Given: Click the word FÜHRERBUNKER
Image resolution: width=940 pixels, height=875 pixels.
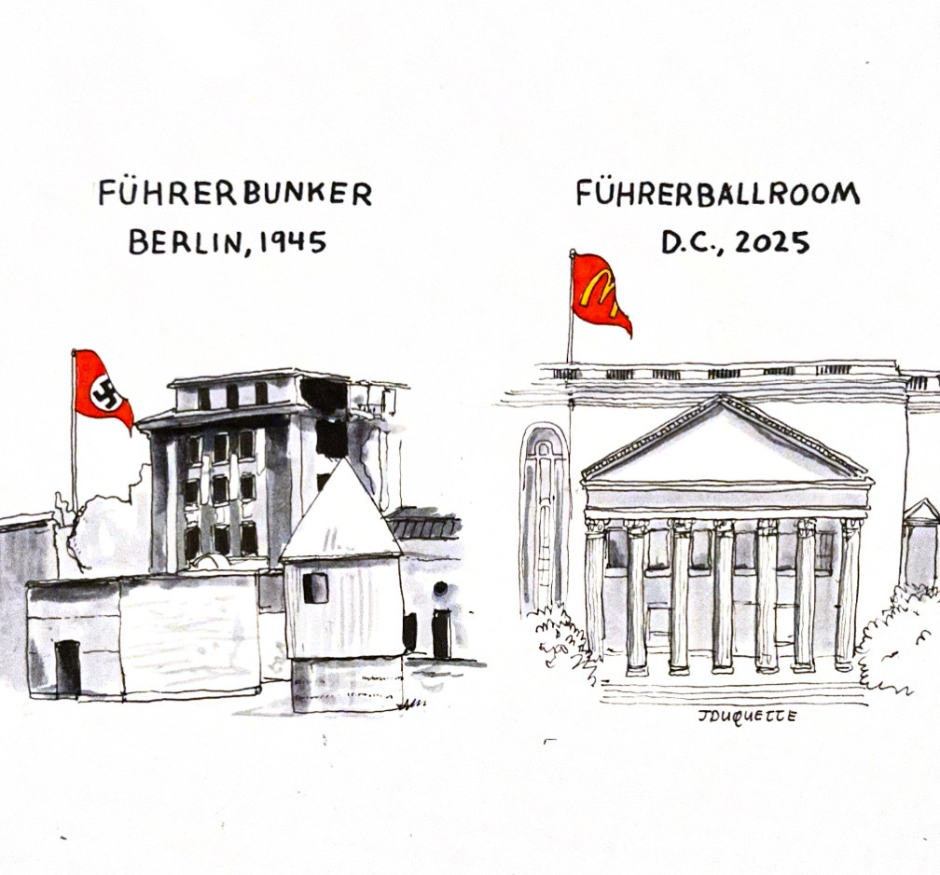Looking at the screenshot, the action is [234, 194].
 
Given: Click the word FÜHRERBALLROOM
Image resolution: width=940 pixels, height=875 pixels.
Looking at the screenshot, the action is [716, 194].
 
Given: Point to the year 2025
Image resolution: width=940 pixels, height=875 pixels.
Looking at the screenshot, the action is [771, 242].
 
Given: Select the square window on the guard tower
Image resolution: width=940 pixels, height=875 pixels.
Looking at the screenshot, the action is [315, 588].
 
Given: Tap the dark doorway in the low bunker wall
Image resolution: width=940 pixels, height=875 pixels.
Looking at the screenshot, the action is [67, 667].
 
